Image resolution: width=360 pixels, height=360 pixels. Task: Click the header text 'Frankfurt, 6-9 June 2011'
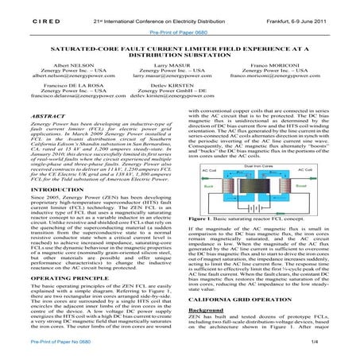point(304,14)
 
